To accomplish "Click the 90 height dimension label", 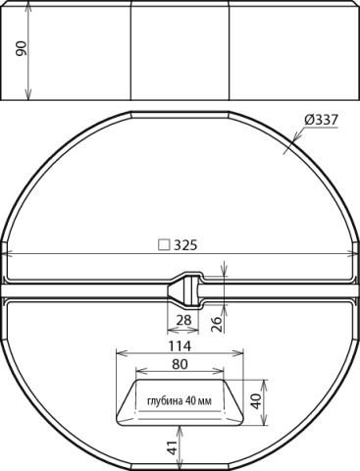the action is point(22,48).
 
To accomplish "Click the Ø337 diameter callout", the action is point(321,120).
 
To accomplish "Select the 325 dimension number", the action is point(185,245).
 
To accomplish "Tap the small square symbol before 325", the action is point(164,245).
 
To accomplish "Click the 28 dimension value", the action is point(183,320).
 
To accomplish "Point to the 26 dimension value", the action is point(217,324).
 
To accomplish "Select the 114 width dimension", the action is point(180,345).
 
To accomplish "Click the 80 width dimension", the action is point(180,364).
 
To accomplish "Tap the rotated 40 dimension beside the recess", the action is point(257,401).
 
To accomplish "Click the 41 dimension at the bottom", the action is point(174,446).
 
